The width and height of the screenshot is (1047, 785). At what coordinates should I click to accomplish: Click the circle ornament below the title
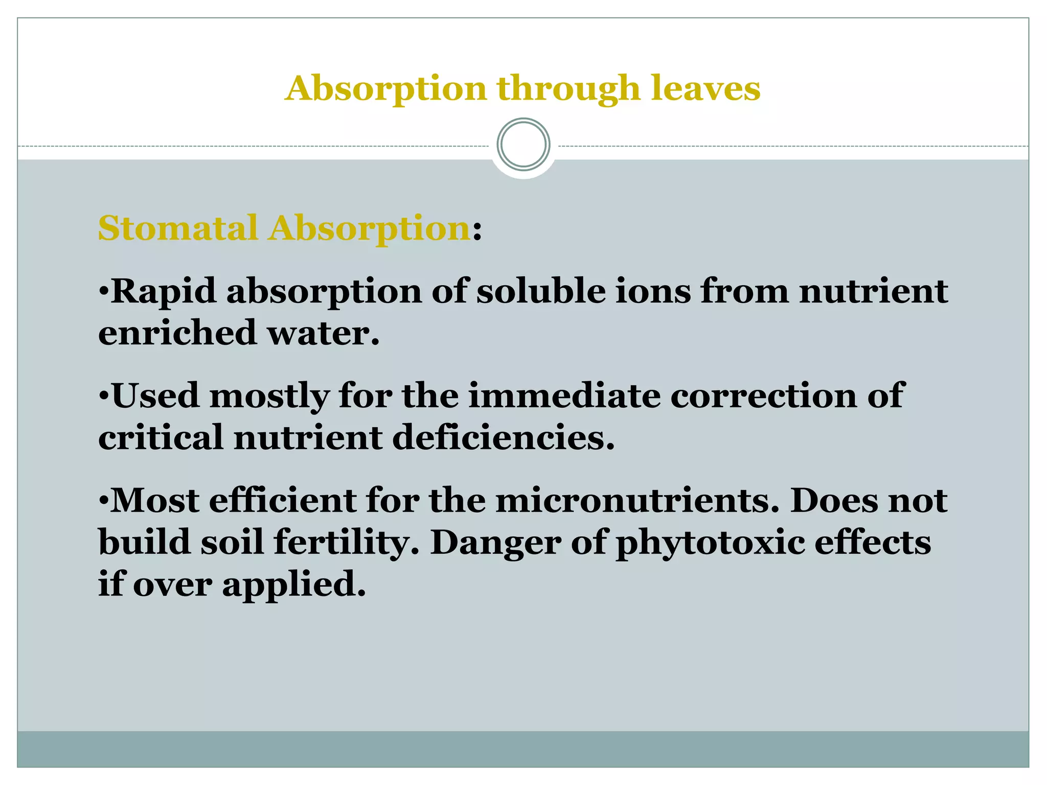(x=523, y=144)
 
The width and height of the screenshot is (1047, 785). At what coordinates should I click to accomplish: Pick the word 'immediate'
(x=564, y=396)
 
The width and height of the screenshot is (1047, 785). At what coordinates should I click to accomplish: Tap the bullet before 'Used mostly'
(x=103, y=396)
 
